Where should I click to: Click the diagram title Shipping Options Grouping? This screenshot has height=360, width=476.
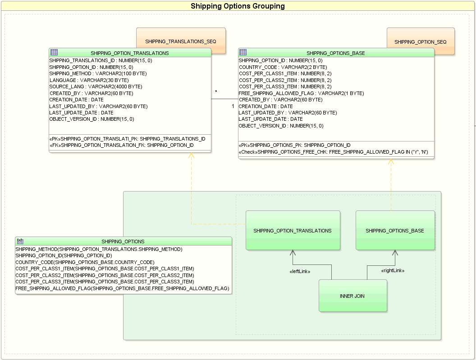point(238,6)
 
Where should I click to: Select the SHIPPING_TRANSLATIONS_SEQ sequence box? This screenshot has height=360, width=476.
point(180,41)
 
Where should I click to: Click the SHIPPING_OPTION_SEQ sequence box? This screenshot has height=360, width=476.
point(420,41)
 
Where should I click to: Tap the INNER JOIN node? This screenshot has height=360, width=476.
point(352,296)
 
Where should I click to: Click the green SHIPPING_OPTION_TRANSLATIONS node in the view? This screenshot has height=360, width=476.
point(293,231)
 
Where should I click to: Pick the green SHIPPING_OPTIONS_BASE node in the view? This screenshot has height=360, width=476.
point(395,231)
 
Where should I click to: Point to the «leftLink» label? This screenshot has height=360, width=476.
point(300,271)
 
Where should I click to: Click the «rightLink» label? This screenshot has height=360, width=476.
point(393,271)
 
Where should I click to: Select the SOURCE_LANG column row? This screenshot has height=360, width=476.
point(96,87)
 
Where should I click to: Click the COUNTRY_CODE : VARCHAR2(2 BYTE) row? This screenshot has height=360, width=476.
point(283,67)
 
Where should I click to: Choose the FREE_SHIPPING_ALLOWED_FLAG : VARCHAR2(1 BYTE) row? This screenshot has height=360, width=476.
point(301,93)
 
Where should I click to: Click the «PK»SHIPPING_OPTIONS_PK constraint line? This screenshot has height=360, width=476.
point(294,145)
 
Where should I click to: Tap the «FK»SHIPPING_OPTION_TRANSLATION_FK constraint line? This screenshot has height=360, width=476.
point(121,146)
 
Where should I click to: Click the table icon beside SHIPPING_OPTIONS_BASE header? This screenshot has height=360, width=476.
point(243,52)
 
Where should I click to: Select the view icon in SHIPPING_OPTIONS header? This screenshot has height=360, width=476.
point(20,241)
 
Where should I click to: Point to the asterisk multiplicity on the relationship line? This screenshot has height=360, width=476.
point(216,92)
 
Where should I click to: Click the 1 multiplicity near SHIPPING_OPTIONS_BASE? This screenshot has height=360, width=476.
point(233,106)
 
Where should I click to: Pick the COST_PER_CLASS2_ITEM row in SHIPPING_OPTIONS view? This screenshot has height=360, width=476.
point(105,275)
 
